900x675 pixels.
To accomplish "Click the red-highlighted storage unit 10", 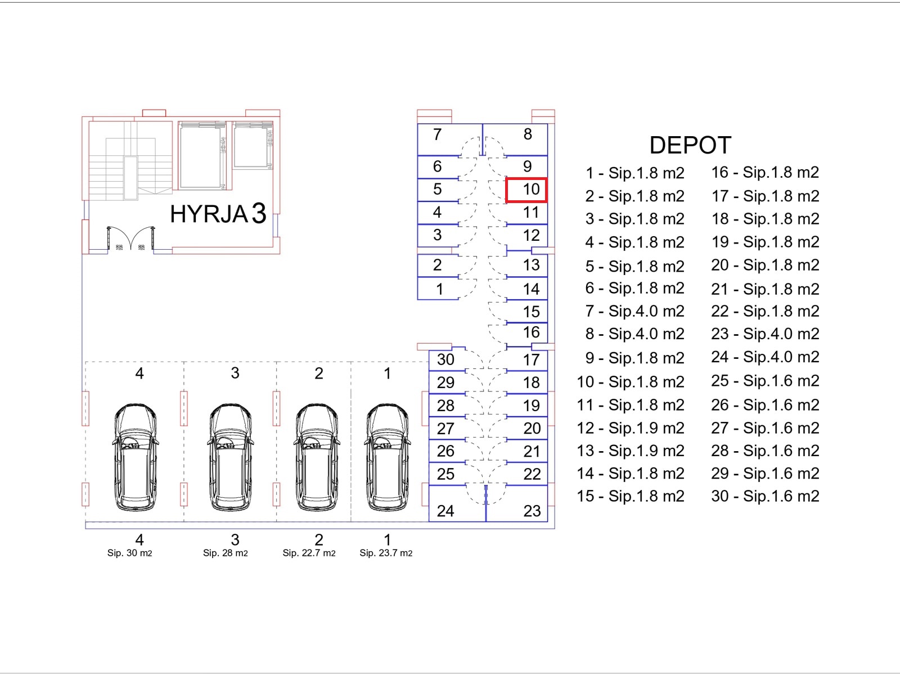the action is [526, 190].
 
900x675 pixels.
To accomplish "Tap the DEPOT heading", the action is [690, 145].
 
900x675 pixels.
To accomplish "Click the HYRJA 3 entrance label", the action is [218, 214].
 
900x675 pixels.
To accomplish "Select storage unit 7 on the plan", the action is [450, 139].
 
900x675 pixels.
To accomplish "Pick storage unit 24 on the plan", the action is [457, 503].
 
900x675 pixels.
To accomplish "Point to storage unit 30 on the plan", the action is [447, 360].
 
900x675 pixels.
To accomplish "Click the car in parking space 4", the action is [135, 457].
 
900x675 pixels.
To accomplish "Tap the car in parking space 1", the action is [386, 457].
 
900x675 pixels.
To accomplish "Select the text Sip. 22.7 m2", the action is [309, 553].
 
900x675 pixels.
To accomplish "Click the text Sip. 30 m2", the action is [129, 553].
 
